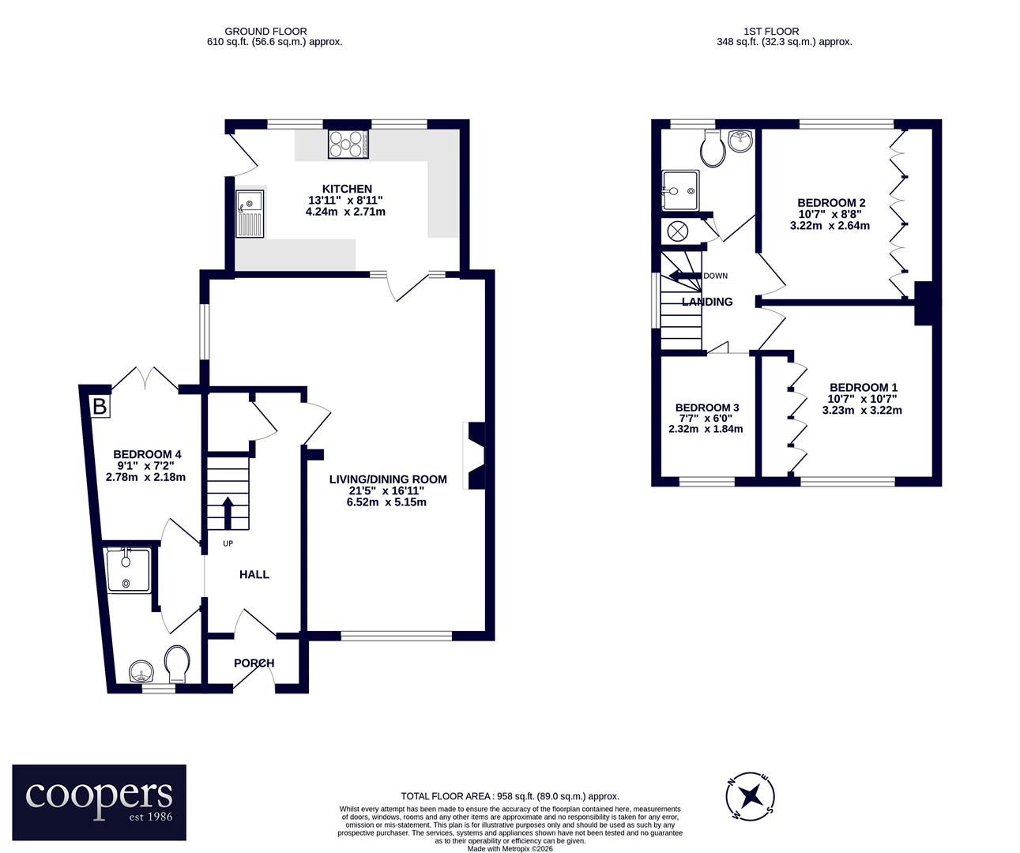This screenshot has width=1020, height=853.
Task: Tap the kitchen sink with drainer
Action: [250, 213]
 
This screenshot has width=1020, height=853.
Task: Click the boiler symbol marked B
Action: [100, 406]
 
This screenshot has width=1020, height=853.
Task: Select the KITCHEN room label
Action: [347, 189]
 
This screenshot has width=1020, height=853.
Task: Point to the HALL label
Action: [254, 574]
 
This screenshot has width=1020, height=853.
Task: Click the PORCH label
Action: [254, 663]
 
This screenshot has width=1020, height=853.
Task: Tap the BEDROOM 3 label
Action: [707, 408]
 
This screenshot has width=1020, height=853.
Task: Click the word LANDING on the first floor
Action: [707, 302]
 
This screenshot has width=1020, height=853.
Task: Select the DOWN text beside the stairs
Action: [715, 276]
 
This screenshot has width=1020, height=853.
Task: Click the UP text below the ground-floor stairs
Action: [228, 543]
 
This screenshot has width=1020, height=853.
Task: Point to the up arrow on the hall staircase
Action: [228, 513]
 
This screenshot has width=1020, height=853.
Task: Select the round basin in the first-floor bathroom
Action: [740, 141]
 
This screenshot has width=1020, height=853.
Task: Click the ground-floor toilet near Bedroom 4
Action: [177, 664]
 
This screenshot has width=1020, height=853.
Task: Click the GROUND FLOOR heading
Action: [266, 32]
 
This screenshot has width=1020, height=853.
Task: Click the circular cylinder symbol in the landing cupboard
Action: [678, 231]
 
